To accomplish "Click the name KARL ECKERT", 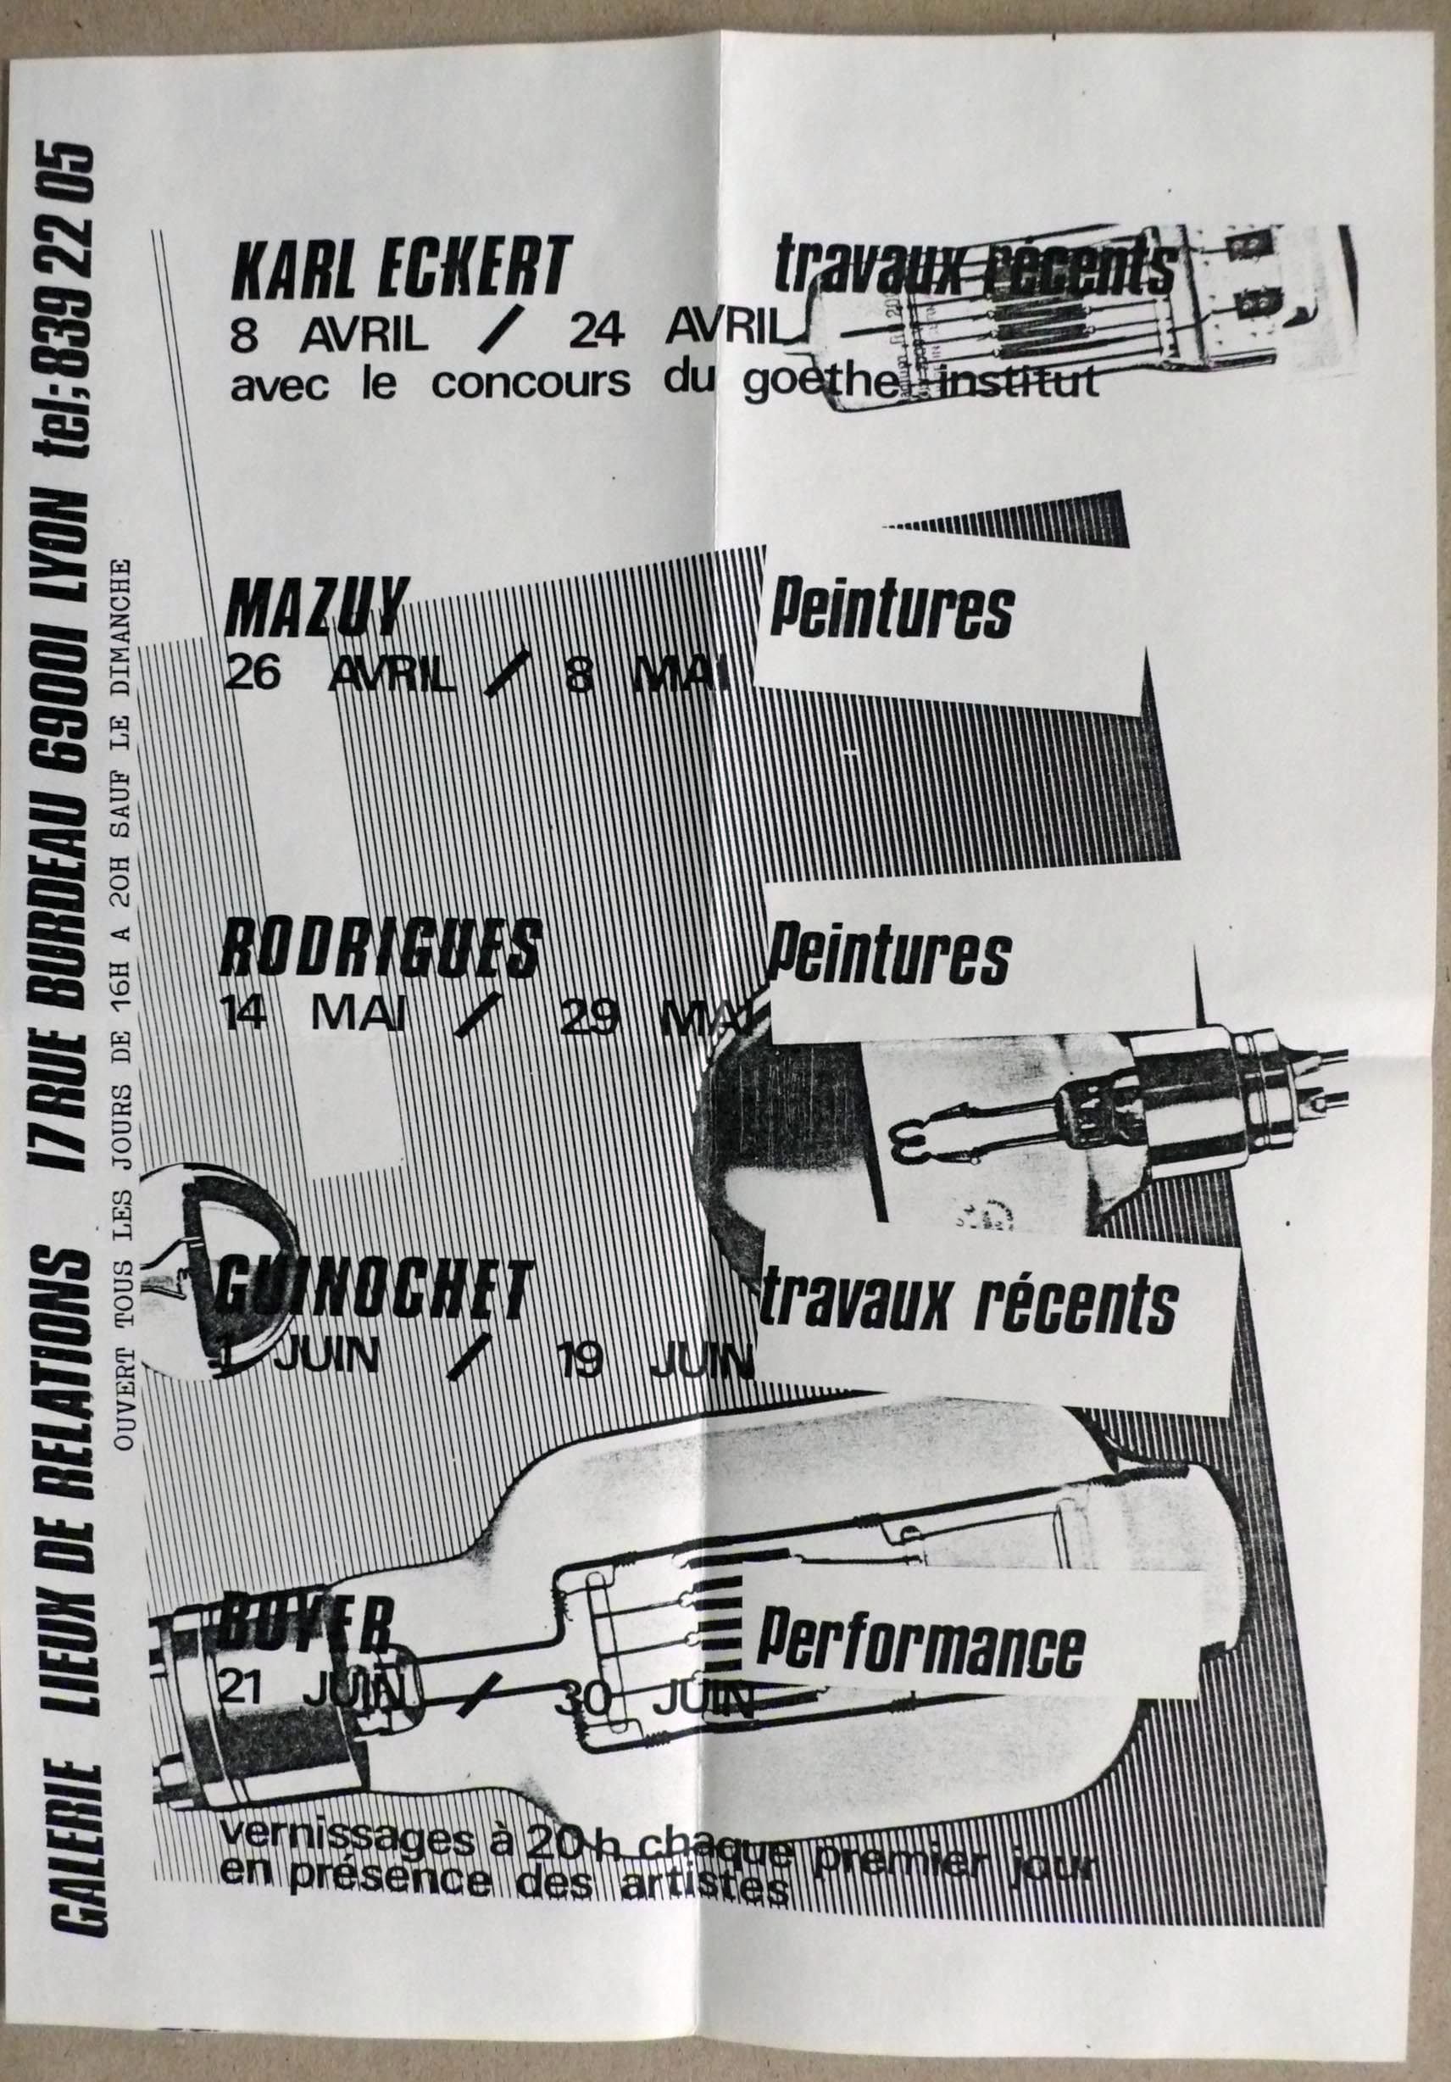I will pos(399,266).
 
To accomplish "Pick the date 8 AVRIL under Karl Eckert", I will pos(328,335).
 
